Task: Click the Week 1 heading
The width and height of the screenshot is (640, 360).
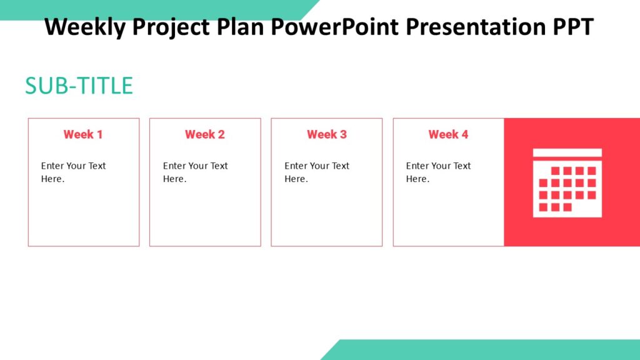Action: (83, 134)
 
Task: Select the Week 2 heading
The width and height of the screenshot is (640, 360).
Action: (204, 134)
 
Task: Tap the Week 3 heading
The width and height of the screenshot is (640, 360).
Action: (326, 134)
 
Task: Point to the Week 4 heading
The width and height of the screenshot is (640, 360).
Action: (448, 134)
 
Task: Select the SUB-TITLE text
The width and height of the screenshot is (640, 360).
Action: (79, 86)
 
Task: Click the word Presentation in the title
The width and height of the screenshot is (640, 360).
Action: (475, 27)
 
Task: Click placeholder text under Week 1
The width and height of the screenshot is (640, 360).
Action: (73, 172)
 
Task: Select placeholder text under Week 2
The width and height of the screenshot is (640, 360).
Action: (195, 172)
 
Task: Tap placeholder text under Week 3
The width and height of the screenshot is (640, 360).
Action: (317, 172)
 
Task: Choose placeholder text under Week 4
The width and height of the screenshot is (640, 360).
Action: (438, 172)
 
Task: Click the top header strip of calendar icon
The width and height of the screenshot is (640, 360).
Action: (567, 152)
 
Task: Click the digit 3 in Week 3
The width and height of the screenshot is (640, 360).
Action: (343, 134)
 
